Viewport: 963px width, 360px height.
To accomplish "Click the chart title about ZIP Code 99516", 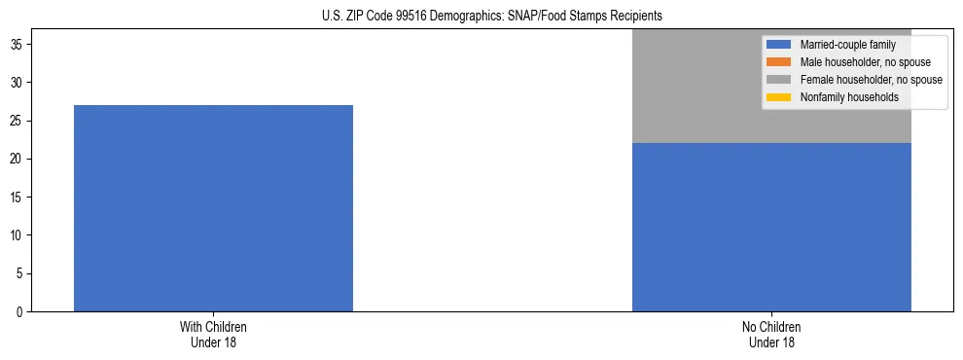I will (491, 17).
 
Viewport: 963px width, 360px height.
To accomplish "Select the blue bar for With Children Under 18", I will (213, 208).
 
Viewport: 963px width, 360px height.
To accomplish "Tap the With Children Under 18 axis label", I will (213, 334).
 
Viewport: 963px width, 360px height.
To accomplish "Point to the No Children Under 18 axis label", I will (771, 334).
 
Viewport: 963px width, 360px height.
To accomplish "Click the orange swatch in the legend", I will (779, 62).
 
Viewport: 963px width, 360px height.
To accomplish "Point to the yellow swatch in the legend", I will (779, 97).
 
